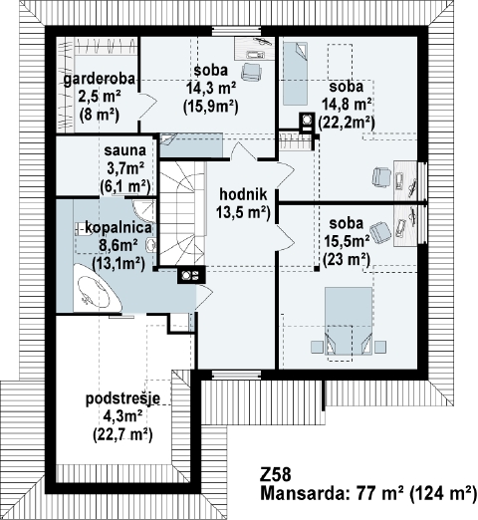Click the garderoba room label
click(x=100, y=80)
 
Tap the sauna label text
click(x=125, y=150)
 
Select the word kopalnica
click(x=119, y=228)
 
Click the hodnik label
click(x=243, y=194)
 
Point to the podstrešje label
click(x=123, y=398)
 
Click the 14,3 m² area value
click(x=211, y=89)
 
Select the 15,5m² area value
click(x=347, y=241)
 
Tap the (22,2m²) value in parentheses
click(x=347, y=123)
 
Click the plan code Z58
click(x=276, y=475)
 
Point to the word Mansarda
click(x=302, y=493)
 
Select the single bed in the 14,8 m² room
click(x=295, y=74)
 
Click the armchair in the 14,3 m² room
click(x=252, y=72)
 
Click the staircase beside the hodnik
click(x=181, y=213)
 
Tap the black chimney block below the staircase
click(x=191, y=275)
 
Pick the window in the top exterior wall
click(x=236, y=31)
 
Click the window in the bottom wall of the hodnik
click(x=236, y=375)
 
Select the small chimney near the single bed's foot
click(x=307, y=121)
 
